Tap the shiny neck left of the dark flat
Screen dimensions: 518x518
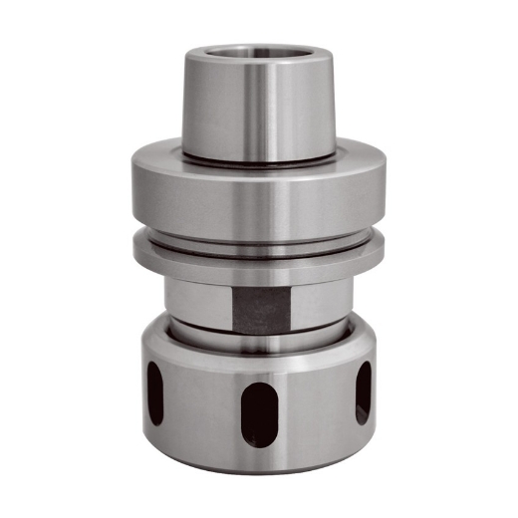(x=194, y=304)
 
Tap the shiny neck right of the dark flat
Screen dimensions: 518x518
(x=319, y=304)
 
